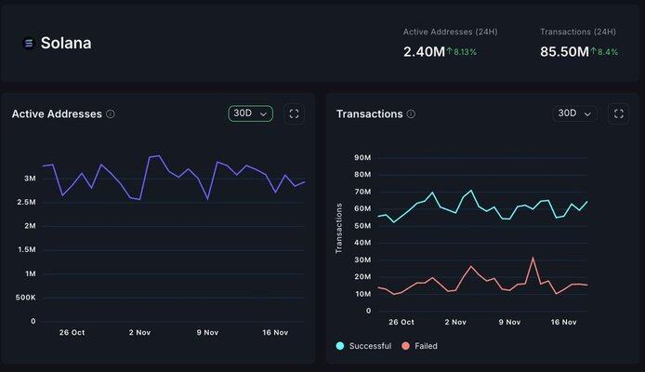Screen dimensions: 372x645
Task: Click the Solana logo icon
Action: (28, 43)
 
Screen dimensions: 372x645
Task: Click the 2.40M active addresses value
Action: (423, 51)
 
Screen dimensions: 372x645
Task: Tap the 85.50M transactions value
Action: (564, 51)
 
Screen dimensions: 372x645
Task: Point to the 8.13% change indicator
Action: (462, 52)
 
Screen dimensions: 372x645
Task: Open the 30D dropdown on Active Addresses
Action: (250, 113)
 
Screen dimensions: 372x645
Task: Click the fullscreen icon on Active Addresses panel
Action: (295, 113)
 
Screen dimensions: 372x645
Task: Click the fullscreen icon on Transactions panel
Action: (619, 113)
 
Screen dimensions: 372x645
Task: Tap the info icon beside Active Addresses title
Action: (111, 114)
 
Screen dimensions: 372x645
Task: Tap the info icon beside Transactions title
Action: (411, 114)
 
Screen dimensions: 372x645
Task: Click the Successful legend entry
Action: (363, 346)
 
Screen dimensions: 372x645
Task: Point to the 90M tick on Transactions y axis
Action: (362, 158)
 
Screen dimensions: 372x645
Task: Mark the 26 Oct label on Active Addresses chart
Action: (72, 332)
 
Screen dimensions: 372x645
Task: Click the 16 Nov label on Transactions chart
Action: (565, 322)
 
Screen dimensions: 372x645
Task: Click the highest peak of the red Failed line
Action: (533, 259)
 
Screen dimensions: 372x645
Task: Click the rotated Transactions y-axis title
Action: (339, 228)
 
